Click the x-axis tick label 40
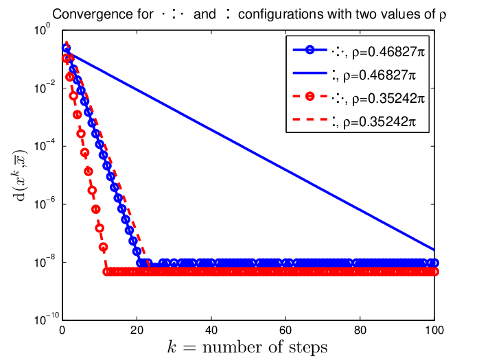(x=211, y=330)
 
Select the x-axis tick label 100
(x=434, y=330)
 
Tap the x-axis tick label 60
(x=285, y=330)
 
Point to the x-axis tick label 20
(x=137, y=330)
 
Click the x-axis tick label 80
(x=360, y=330)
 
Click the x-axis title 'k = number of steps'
(x=248, y=348)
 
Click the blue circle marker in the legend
(x=309, y=50)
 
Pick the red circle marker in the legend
(x=309, y=97)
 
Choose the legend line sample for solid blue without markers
(x=309, y=73)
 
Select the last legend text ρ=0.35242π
(x=379, y=122)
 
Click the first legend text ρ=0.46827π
(x=388, y=53)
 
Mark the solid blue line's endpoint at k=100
(x=434, y=250)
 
